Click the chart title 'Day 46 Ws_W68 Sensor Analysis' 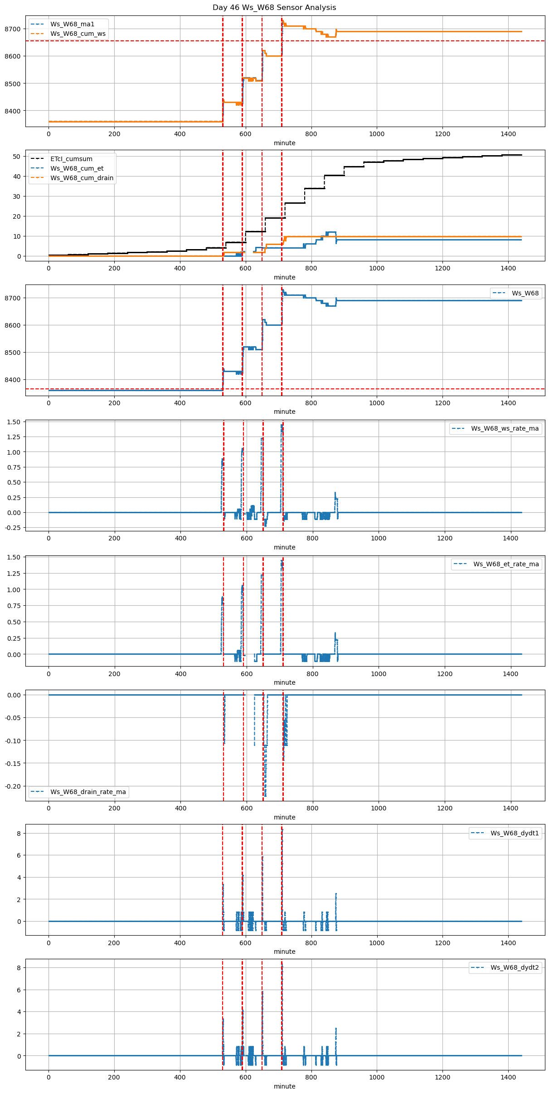(274, 8)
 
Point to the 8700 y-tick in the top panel (14, 29)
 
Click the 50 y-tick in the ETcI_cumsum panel (17, 157)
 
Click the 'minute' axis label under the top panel (284, 143)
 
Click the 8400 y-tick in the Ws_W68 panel (14, 380)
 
